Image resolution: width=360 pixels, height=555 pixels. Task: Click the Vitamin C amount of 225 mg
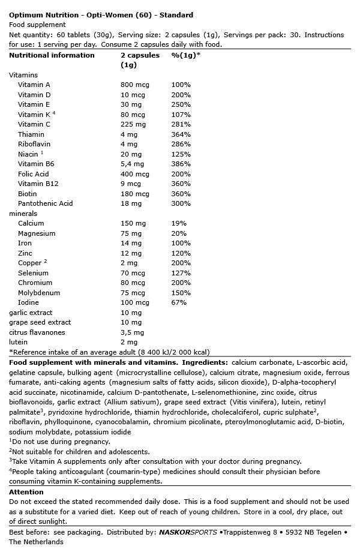133,124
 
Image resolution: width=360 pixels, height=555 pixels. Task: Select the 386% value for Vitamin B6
181,164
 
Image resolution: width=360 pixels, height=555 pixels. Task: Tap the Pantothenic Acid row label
45,203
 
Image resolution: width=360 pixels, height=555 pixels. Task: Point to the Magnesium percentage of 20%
178,233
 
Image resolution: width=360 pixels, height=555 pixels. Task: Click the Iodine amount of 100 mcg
135,302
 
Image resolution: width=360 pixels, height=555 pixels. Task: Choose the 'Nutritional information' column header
52,55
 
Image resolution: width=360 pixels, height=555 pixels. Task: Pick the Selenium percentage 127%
181,273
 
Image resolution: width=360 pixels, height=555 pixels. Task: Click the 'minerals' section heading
23,214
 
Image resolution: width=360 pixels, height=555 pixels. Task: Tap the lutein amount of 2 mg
129,342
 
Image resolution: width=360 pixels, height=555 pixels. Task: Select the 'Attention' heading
26,492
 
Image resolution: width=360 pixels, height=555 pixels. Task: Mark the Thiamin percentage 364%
181,134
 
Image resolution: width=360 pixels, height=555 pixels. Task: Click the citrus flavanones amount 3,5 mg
133,332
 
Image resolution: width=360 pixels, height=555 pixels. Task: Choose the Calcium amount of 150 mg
133,223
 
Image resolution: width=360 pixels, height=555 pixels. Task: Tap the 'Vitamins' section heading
23,75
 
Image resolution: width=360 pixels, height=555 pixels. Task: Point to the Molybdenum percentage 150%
181,293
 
